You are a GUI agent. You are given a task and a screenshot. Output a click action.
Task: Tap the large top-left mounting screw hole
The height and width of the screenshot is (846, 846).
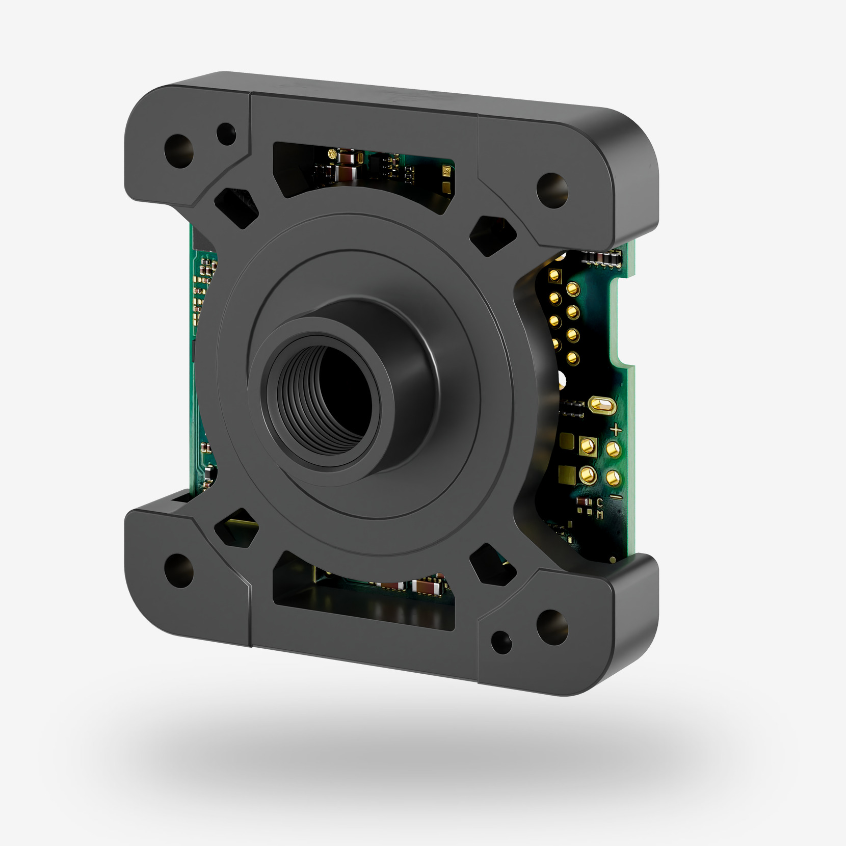tap(179, 151)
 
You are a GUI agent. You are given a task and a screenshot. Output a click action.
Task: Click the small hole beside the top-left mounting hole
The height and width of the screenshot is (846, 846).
tap(225, 134)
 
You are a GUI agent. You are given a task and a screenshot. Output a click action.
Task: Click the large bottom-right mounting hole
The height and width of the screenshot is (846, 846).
tap(552, 625)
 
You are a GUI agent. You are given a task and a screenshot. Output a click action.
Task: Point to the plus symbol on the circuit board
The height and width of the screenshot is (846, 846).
tap(616, 430)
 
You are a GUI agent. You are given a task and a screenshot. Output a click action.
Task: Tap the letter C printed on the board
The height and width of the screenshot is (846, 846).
tap(600, 504)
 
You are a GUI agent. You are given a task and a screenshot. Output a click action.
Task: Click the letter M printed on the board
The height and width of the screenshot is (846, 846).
tap(600, 515)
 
